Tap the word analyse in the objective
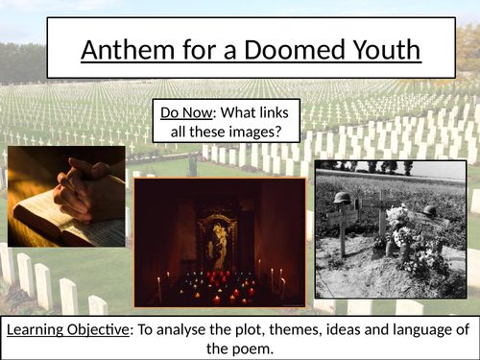(x=216, y=329)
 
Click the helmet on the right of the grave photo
(x=429, y=210)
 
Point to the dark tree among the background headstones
(x=193, y=163)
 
